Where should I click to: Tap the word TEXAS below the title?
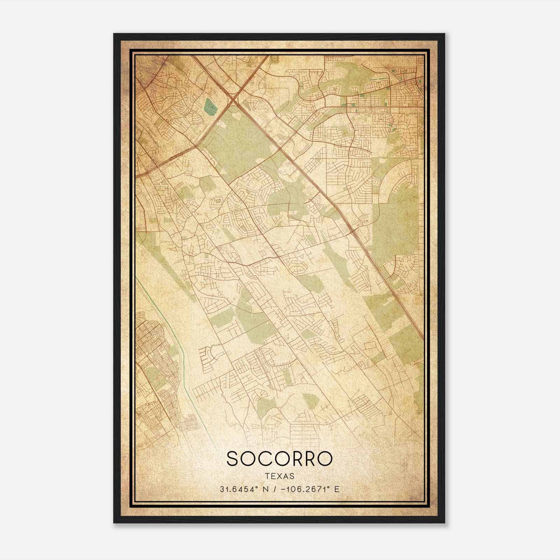(279, 476)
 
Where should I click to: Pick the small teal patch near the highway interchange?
(210, 104)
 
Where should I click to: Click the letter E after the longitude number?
(337, 489)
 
